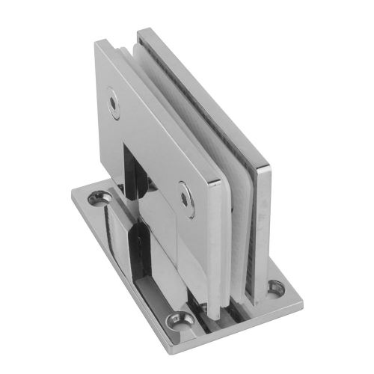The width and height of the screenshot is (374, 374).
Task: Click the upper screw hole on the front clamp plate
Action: point(114,105)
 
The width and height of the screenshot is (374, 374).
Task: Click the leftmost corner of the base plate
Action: point(73,196)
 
